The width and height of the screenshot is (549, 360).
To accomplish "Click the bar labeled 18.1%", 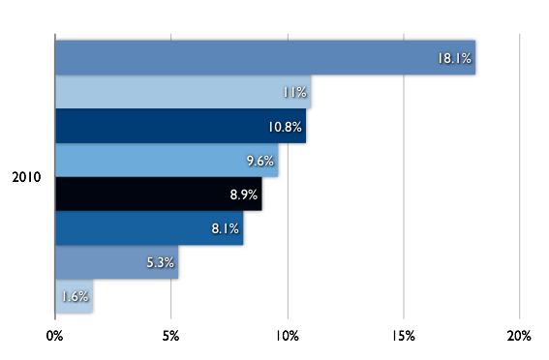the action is tap(265, 57).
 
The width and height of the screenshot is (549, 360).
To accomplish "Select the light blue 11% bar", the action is tap(183, 92).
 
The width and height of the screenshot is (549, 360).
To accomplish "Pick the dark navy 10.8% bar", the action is tap(181, 126).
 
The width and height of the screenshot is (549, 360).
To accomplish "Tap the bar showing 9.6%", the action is tap(167, 161).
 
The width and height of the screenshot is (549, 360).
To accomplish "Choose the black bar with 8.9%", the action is tap(159, 195).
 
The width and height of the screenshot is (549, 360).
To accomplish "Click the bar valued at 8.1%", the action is tap(149, 228).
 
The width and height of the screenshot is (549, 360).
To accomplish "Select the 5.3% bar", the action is tap(117, 262).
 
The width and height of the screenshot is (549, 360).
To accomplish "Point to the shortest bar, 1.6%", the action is tap(75, 296).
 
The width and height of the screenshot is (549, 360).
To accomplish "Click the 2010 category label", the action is tap(26, 177).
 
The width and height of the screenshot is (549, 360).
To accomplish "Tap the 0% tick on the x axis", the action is tap(54, 336).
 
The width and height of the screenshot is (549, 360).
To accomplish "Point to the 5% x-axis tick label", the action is tap(170, 336).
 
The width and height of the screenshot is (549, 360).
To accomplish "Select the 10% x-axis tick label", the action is tap(288, 336).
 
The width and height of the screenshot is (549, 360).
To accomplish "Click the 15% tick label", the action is tap(404, 336).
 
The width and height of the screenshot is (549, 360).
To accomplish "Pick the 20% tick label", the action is tap(519, 336).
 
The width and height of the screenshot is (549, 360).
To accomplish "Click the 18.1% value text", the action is tap(454, 58).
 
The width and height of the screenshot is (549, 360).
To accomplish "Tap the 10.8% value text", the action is tap(285, 127).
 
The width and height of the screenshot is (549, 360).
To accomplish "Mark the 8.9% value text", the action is tap(244, 195).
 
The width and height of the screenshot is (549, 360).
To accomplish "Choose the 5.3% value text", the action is tap(160, 262).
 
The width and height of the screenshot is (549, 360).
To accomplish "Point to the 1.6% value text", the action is tap(75, 297).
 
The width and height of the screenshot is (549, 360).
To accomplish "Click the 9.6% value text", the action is tap(260, 161).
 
